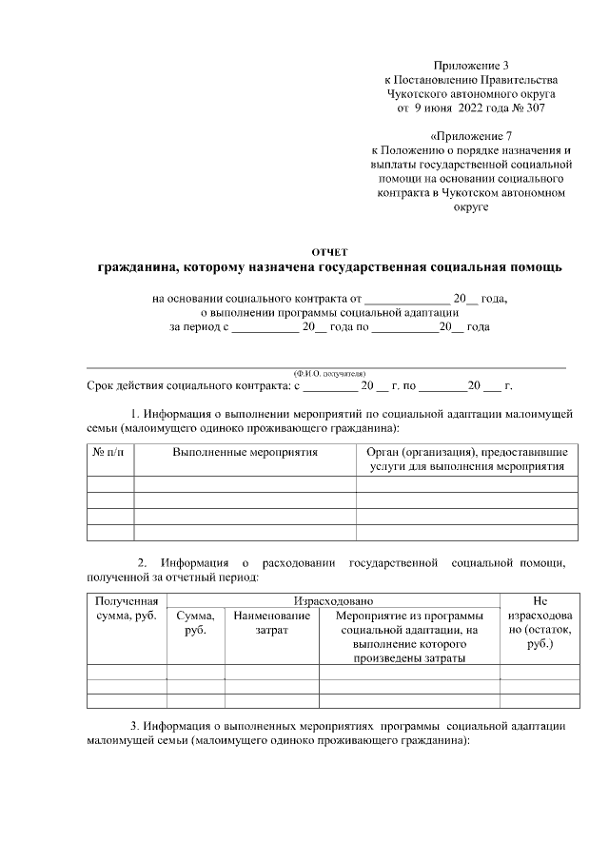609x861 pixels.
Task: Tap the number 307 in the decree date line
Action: tap(533, 109)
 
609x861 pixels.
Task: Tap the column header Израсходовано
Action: tap(333, 601)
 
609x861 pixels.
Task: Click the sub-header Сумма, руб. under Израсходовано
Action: tap(196, 624)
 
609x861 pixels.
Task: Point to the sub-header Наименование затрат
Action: tap(271, 624)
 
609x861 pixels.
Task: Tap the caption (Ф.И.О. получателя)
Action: tap(328, 373)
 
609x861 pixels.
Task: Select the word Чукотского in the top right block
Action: tap(418, 94)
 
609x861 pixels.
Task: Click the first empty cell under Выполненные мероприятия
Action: tap(245, 484)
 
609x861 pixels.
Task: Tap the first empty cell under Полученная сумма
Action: tap(127, 672)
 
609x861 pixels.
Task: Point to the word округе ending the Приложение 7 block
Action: tap(471, 206)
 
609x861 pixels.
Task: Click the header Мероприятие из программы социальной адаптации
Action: tap(409, 631)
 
